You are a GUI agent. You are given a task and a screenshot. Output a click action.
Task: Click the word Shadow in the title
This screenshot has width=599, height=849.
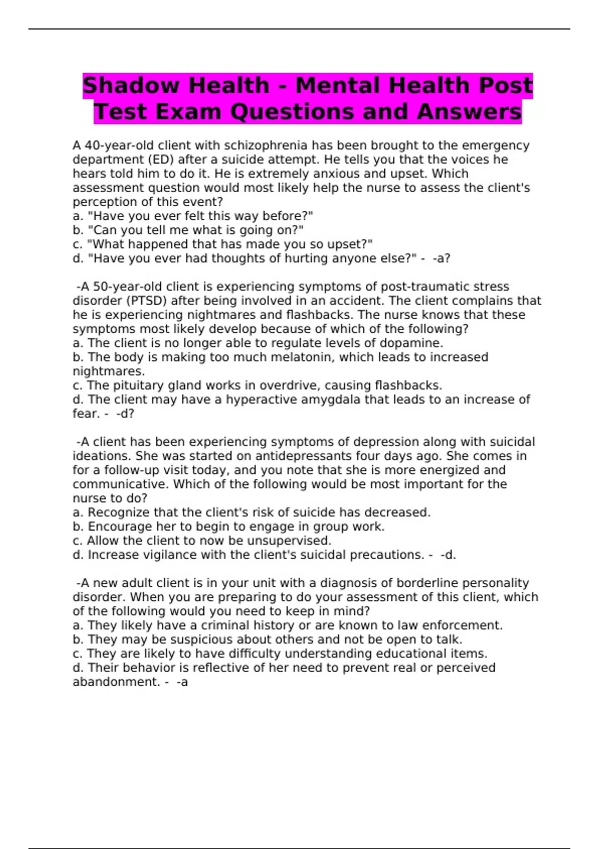pyautogui.click(x=131, y=85)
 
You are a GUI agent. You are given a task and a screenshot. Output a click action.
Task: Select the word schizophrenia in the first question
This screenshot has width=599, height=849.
pyautogui.click(x=266, y=145)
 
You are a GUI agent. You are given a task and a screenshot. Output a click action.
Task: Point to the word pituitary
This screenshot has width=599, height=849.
pyautogui.click(x=138, y=386)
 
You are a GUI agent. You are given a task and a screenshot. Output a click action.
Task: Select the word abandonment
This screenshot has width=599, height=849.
pyautogui.click(x=115, y=682)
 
